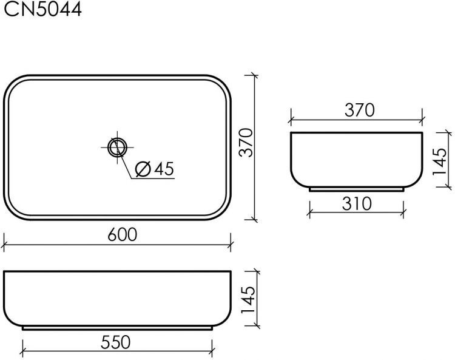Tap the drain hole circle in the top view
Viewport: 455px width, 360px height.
pos(117,146)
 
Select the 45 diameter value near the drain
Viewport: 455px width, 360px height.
pos(163,169)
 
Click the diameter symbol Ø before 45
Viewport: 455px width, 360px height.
pos(143,169)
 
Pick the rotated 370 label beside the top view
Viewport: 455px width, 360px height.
pos(245,143)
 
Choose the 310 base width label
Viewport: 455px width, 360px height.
pos(356,203)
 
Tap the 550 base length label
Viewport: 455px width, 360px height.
pos(115,342)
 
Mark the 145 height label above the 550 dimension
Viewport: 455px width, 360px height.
pos(248,300)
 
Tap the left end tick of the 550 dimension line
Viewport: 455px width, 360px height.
pos(22,352)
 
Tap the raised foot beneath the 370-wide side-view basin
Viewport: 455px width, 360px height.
pos(356,189)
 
